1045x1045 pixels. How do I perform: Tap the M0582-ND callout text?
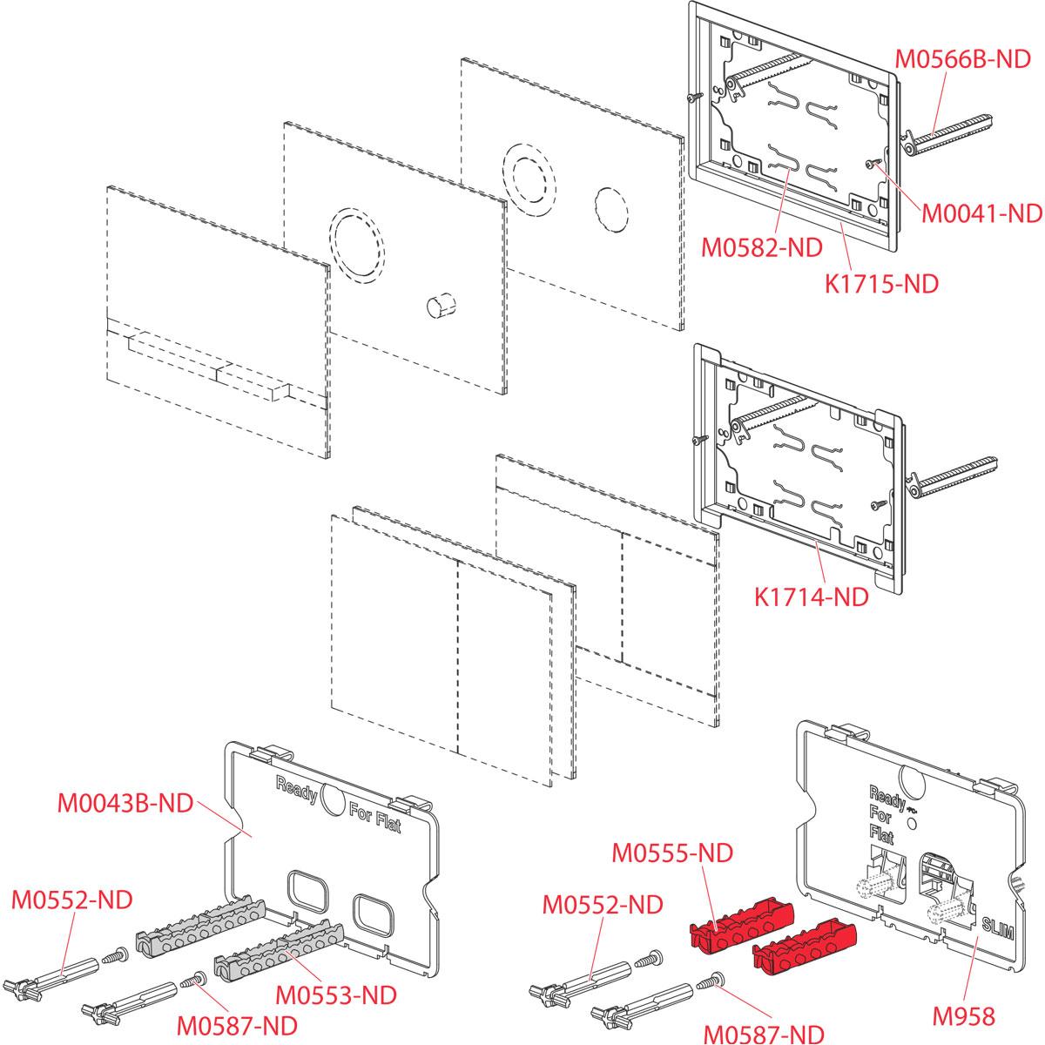pos(762,248)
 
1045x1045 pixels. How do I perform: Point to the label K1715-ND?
pos(880,283)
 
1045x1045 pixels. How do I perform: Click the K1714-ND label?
pos(811,597)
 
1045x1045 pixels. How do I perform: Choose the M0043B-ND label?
pos(125,802)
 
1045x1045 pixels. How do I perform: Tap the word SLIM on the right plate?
pos(996,925)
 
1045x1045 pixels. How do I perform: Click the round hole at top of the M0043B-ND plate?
pos(333,796)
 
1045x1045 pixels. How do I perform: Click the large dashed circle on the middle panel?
pos(356,243)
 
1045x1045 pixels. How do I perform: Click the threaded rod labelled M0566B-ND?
pos(949,138)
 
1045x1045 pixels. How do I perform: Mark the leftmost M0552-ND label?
pos(71,900)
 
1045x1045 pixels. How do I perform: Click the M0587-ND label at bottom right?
pos(763,1034)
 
